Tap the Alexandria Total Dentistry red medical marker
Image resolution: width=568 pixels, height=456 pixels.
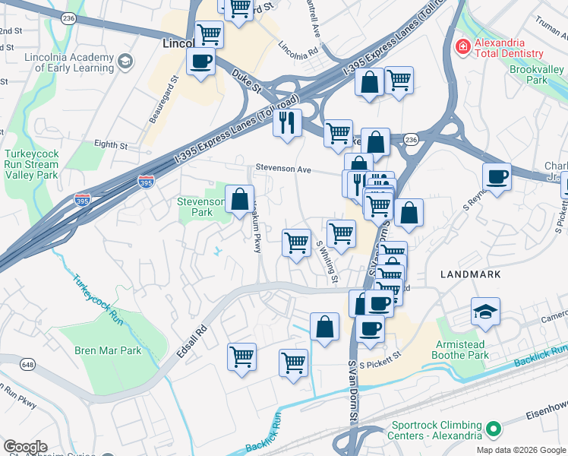click(x=462, y=48)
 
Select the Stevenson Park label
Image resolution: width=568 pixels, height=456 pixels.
click(x=200, y=207)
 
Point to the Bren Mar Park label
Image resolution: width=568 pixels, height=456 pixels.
click(x=108, y=350)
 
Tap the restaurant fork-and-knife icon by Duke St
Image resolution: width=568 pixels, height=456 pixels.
click(x=287, y=122)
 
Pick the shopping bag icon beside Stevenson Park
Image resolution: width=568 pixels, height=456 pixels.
click(x=239, y=200)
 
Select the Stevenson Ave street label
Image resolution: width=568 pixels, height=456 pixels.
click(x=284, y=169)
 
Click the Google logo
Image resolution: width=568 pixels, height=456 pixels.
click(x=25, y=447)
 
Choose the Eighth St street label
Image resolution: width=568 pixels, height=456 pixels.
click(x=111, y=144)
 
